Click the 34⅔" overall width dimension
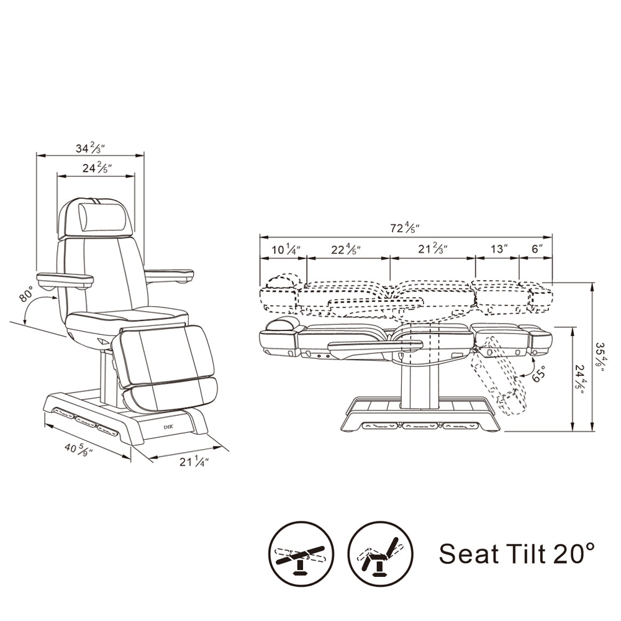[90, 148]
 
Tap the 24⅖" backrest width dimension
[97, 168]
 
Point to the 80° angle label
[27, 294]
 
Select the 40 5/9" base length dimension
[78, 450]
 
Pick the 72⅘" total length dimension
[405, 228]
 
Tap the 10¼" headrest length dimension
[286, 250]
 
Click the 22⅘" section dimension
[346, 250]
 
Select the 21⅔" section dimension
[433, 249]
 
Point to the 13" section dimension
[499, 249]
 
